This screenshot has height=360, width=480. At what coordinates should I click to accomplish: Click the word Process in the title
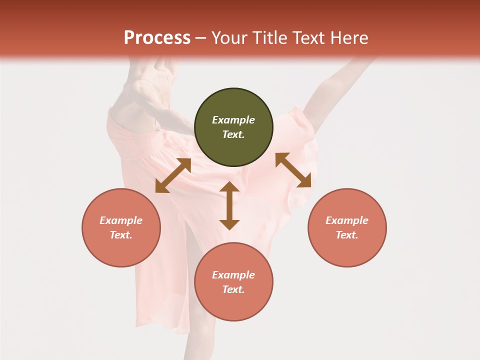pos(157,38)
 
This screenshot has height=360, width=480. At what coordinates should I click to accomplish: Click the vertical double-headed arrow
pos(229,205)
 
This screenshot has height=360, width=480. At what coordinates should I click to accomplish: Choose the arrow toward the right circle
pos(293,170)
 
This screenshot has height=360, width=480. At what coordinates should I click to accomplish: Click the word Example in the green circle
pos(233,120)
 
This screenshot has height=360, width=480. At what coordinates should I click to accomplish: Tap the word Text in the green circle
pos(233,134)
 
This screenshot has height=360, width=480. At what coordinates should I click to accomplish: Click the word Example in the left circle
pos(121,220)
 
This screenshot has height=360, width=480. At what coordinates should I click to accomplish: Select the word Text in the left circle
pos(121,235)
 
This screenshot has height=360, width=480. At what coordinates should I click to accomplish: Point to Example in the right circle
pos(347,220)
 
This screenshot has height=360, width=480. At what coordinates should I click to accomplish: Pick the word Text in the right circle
pos(347,235)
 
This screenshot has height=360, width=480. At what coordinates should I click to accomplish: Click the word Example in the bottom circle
pos(233,275)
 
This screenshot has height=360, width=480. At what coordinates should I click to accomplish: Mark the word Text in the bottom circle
pos(233,289)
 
